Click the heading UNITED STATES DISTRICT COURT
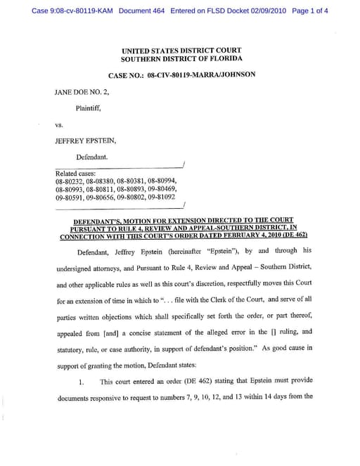click(181, 51)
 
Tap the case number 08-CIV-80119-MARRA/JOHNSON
click(181, 74)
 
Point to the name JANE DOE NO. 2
click(82, 92)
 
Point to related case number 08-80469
click(162, 189)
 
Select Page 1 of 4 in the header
click(309, 11)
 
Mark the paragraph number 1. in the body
click(81, 382)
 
